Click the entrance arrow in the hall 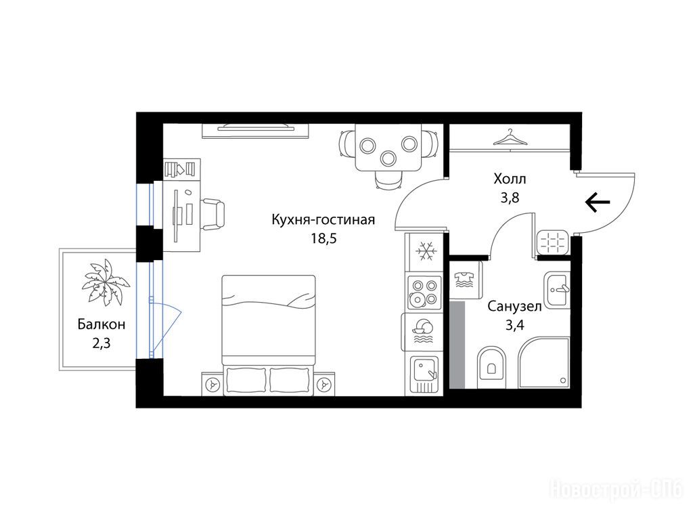(598, 202)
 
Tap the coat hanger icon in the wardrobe (510, 137)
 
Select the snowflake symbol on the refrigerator (426, 251)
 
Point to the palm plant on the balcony (106, 282)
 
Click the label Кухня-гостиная (323, 220)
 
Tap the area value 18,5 (323, 239)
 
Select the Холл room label (510, 179)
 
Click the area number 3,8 (510, 198)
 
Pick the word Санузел (514, 307)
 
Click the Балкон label (102, 324)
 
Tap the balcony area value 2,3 (102, 343)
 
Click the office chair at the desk (213, 215)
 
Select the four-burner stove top (424, 292)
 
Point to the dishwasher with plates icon (423, 332)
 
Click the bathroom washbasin (557, 290)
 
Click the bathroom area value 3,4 (514, 326)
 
